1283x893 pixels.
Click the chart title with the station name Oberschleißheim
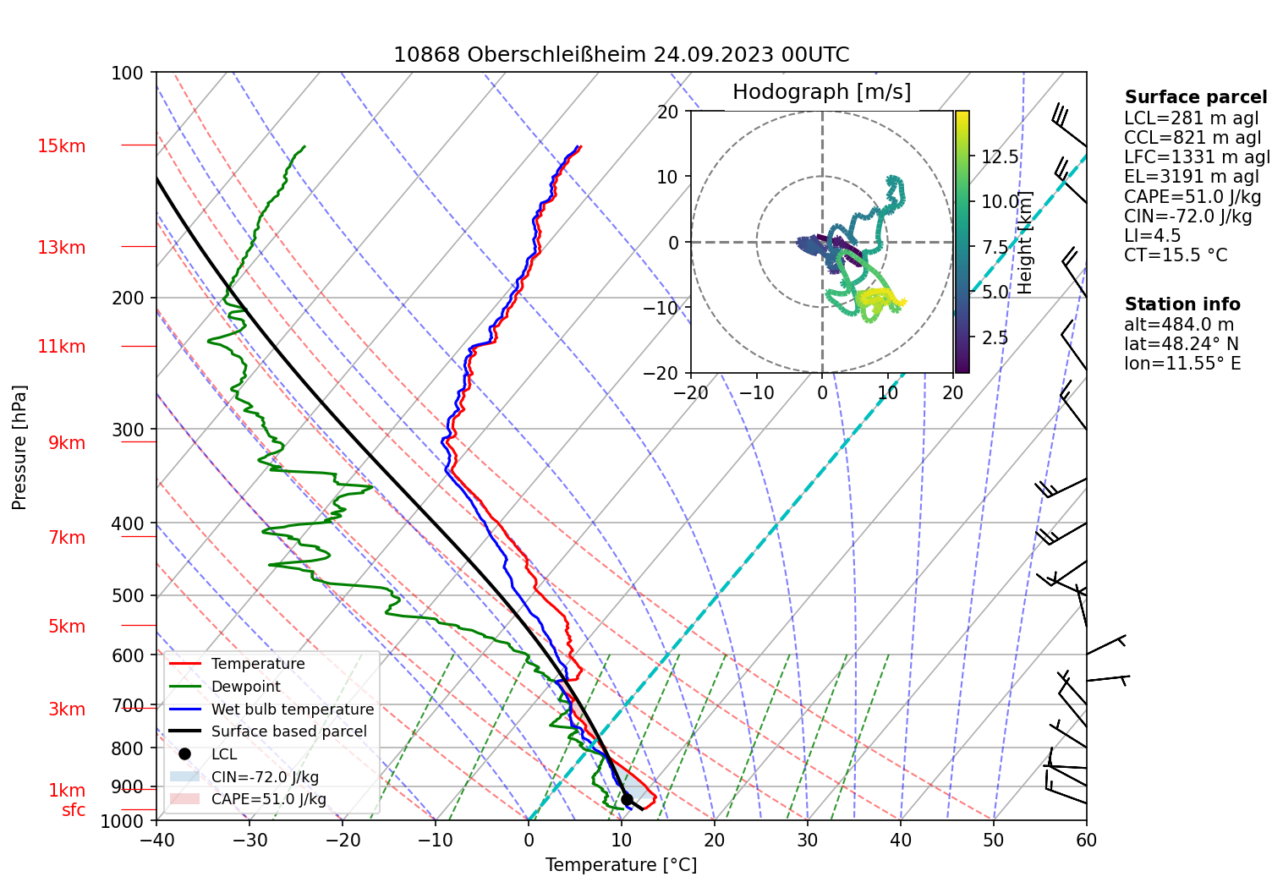[621, 55]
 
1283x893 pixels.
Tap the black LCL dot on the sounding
[627, 799]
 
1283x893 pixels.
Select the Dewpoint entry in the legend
[245, 687]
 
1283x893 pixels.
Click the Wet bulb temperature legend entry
[292, 709]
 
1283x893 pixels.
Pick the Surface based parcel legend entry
[288, 731]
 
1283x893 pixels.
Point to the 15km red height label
[62, 146]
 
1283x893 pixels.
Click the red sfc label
[74, 810]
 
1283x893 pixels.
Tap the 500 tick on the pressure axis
[128, 595]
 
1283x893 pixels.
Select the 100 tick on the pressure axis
[128, 73]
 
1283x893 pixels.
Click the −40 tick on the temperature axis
[156, 840]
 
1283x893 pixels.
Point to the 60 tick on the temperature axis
[1086, 840]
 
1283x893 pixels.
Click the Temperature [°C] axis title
[621, 865]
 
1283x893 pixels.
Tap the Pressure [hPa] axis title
[19, 447]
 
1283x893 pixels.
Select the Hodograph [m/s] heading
[821, 92]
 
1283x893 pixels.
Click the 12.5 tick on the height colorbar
[1000, 157]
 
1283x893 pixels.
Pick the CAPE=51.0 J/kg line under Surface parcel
[1193, 197]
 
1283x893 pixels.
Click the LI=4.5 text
[1152, 236]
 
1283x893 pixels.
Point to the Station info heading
[1182, 304]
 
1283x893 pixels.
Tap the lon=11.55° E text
[1182, 364]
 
